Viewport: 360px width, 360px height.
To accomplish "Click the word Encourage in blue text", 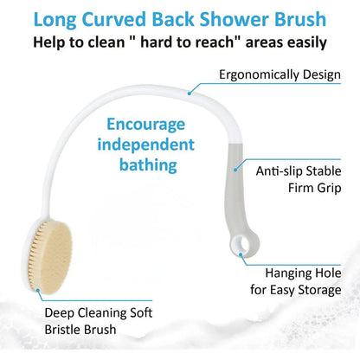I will [x=145, y=125].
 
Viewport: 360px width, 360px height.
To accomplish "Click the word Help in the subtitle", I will [x=51, y=42].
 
